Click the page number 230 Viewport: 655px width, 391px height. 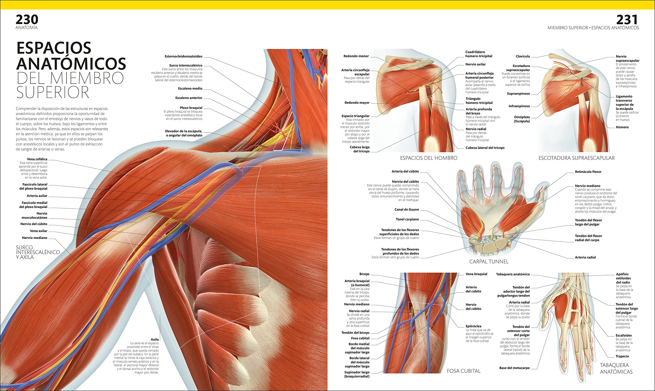click(27, 20)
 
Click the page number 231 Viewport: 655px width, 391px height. click(627, 20)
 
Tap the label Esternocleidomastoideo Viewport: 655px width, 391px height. click(183, 56)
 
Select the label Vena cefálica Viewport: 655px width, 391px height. click(37, 159)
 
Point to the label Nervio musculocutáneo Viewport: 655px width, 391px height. click(34, 215)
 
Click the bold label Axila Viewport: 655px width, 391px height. click(155, 339)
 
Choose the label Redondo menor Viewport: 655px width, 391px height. click(356, 56)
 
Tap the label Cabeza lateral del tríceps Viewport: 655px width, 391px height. click(485, 148)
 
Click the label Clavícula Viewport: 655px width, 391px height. click(522, 56)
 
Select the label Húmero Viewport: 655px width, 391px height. click(622, 127)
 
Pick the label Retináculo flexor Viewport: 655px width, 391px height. click(588, 172)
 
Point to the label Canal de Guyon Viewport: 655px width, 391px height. click(407, 210)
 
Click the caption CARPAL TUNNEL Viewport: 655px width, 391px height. click(488, 262)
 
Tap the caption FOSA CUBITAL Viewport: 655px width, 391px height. click(463, 371)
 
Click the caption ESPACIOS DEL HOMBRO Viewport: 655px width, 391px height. click(429, 158)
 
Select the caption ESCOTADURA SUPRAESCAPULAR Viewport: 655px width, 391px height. click(576, 158)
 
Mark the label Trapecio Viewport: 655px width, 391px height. click(622, 356)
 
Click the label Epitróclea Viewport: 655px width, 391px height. click(473, 326)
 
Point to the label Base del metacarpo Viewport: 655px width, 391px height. click(514, 368)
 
